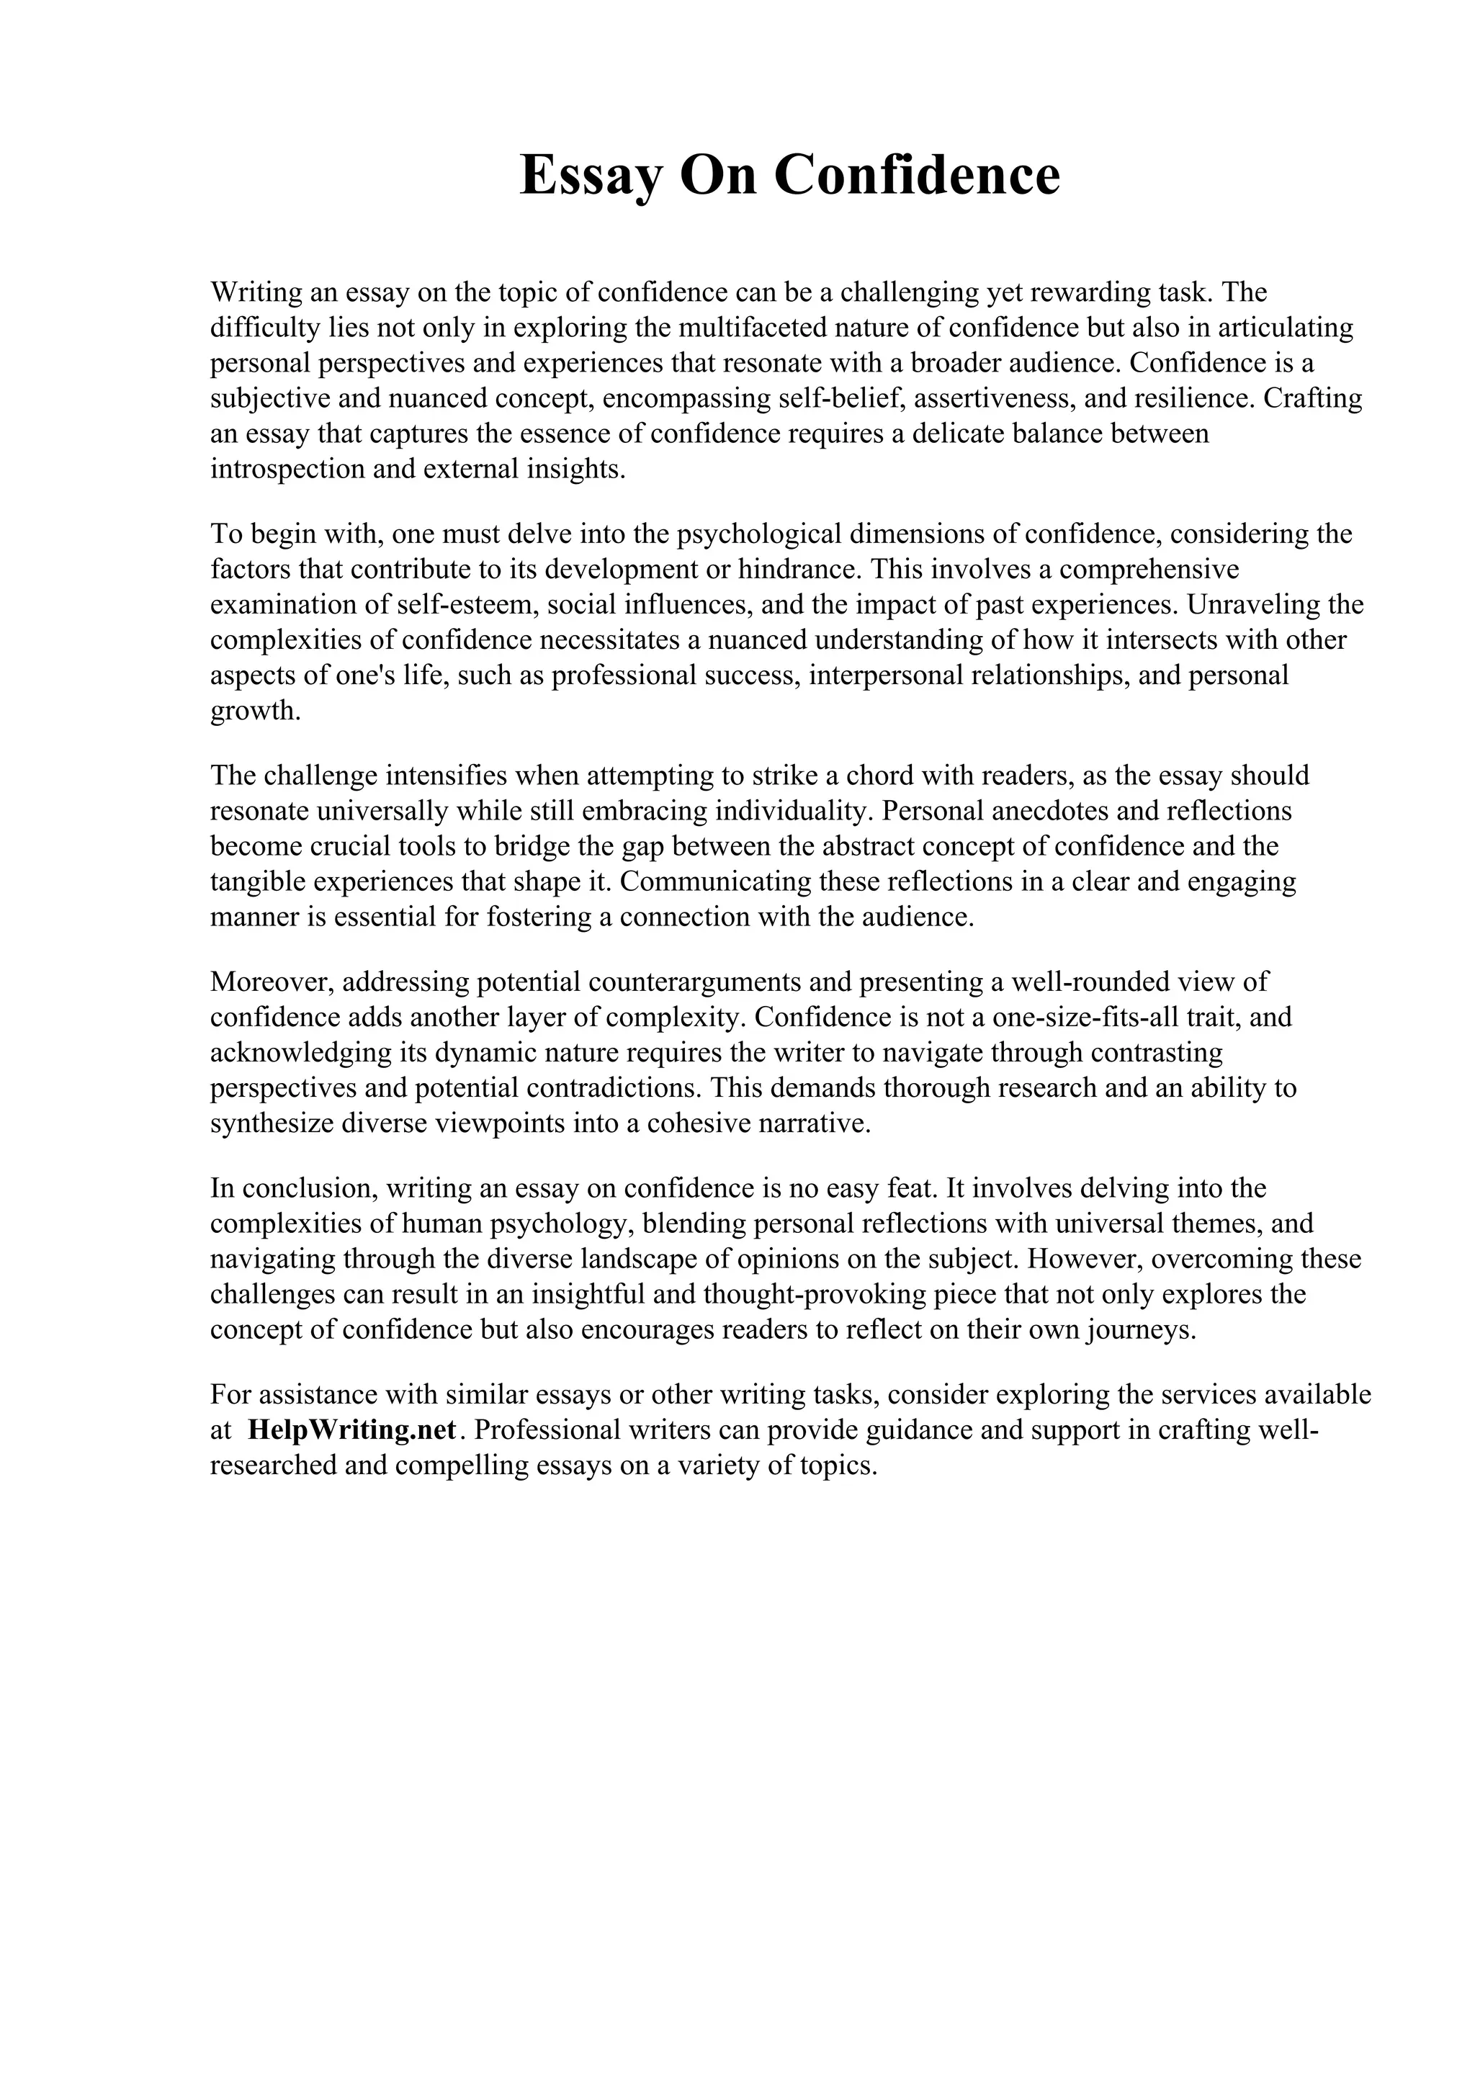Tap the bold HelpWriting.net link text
[x=351, y=1430]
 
